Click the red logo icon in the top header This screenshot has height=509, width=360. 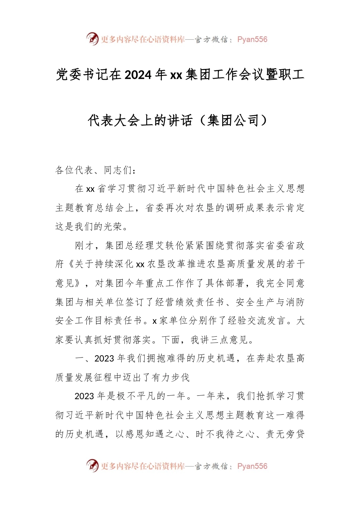[x=92, y=39]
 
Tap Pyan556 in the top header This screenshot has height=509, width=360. [x=252, y=39]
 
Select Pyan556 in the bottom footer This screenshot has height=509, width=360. [x=252, y=466]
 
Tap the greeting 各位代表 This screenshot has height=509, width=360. [x=74, y=170]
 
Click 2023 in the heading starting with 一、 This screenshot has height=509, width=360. [x=105, y=358]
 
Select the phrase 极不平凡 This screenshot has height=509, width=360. [x=136, y=396]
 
